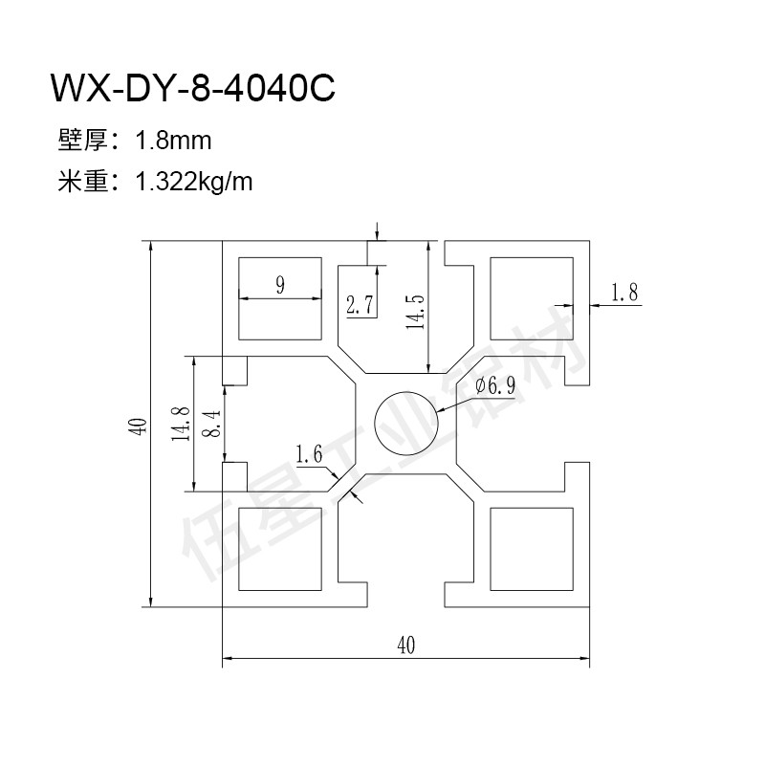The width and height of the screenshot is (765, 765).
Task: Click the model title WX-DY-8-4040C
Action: pos(193,88)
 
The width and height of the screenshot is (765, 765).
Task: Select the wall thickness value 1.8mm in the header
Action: pos(173,141)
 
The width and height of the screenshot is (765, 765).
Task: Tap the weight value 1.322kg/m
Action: pos(194,183)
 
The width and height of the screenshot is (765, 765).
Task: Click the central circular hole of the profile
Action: pos(406,423)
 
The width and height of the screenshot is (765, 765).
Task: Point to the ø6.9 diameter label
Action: pos(495,386)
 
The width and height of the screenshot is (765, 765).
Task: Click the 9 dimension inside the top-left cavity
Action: pos(280,285)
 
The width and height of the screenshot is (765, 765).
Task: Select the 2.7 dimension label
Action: pos(360,305)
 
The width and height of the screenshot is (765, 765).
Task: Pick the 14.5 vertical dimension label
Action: pos(416,313)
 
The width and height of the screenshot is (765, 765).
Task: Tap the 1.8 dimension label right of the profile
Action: pos(624,293)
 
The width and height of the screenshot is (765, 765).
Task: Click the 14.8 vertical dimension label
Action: pos(181,424)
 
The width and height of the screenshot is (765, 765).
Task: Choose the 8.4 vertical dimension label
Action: pos(213,424)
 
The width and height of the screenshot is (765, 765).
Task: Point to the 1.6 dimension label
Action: pos(309,454)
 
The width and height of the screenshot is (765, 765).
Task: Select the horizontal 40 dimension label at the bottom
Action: pos(405,645)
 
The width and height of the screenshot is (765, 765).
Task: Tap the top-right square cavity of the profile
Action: pos(532,298)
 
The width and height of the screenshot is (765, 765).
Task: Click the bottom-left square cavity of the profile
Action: pos(280,549)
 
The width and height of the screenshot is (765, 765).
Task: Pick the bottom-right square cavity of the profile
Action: pos(532,549)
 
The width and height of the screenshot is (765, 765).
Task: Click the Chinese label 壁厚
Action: pos(82,141)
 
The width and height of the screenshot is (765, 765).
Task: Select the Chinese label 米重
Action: pos(82,182)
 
